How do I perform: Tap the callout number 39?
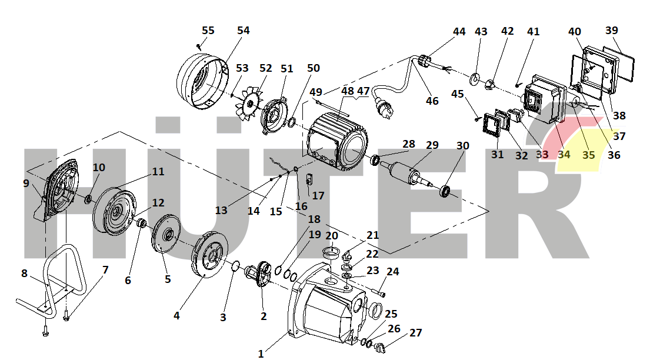612,31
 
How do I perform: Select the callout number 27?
415,333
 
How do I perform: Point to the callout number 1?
261,354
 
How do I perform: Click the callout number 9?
26,184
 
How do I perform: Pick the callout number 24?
392,272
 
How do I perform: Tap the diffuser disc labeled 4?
208,259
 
